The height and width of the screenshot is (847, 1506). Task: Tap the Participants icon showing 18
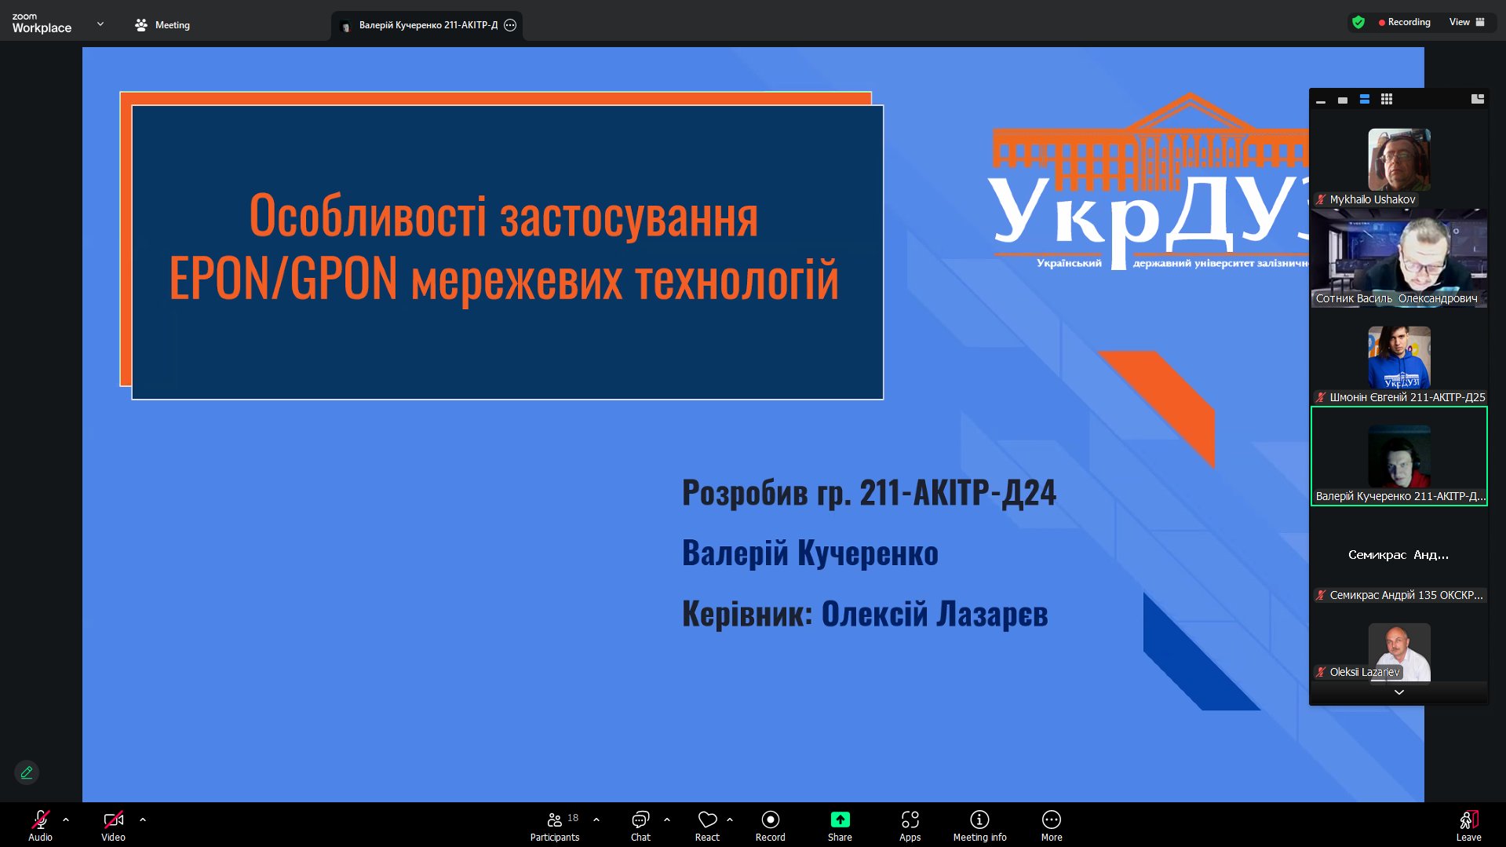[x=555, y=820]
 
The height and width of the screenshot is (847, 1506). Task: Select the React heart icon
[x=707, y=820]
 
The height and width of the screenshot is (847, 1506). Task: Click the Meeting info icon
[x=979, y=820]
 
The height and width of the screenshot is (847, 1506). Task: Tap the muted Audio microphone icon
[x=40, y=820]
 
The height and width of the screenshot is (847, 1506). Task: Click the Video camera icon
[x=113, y=820]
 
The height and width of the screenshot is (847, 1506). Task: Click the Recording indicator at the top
[x=1404, y=22]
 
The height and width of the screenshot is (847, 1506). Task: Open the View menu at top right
[x=1467, y=22]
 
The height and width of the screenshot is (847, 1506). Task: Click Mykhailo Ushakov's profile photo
[x=1398, y=159]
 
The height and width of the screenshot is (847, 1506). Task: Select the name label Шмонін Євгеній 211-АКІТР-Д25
[x=1407, y=397]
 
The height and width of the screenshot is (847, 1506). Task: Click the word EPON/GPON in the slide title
[x=283, y=279]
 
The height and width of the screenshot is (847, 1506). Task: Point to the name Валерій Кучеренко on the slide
[x=810, y=553]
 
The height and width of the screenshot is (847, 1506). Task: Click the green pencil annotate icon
[x=27, y=772]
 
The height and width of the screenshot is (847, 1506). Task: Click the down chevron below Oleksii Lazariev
[x=1398, y=692]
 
